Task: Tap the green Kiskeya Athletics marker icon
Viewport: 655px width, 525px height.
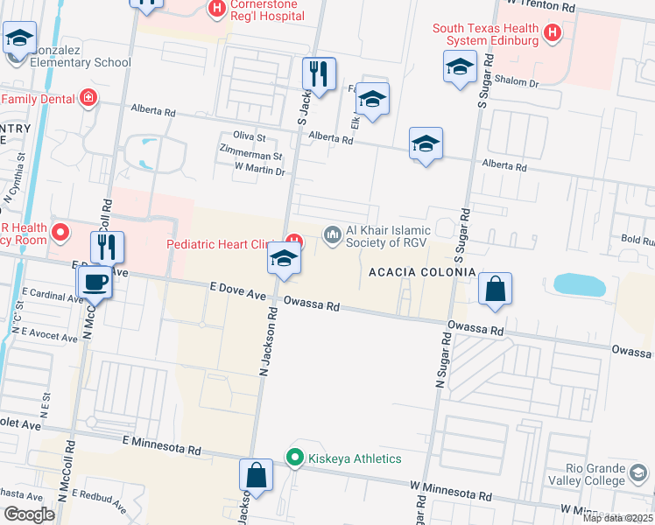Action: pyautogui.click(x=295, y=458)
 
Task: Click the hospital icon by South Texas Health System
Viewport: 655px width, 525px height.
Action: pyautogui.click(x=553, y=34)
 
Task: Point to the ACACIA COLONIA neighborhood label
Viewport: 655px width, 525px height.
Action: pyautogui.click(x=422, y=273)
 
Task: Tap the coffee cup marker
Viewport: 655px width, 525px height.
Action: pyautogui.click(x=94, y=283)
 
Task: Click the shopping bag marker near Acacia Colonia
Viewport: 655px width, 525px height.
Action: pyautogui.click(x=495, y=290)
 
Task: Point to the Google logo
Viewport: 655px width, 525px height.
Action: pyautogui.click(x=29, y=514)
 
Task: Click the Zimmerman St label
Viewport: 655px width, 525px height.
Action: pyautogui.click(x=251, y=156)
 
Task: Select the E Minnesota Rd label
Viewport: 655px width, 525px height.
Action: pyautogui.click(x=162, y=444)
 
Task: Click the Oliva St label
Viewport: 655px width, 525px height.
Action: pyautogui.click(x=249, y=136)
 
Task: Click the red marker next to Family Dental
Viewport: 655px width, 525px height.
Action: pyautogui.click(x=88, y=97)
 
